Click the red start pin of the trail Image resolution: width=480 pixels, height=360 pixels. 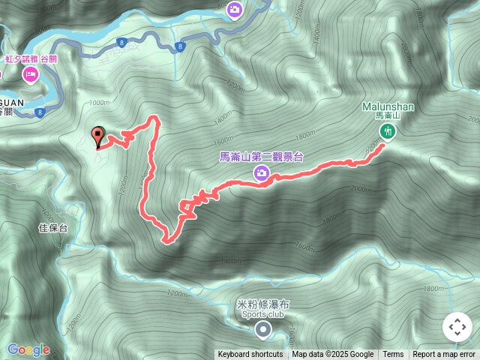[97, 136]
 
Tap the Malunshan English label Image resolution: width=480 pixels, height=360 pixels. [388, 107]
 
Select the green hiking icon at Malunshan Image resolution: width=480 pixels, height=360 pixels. [388, 131]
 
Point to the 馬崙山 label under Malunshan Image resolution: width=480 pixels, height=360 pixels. [388, 116]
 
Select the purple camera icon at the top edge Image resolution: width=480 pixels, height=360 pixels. [234, 9]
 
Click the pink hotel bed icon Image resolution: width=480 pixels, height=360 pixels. [31, 74]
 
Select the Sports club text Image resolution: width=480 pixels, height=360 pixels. [262, 315]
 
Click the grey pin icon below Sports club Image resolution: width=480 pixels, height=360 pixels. [262, 330]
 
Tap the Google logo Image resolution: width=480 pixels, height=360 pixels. [28, 349]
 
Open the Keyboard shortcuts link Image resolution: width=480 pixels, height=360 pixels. [250, 355]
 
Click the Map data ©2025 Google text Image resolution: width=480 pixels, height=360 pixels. [332, 355]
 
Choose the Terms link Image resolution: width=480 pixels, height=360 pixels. [393, 355]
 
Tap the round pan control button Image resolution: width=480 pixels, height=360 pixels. [457, 327]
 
